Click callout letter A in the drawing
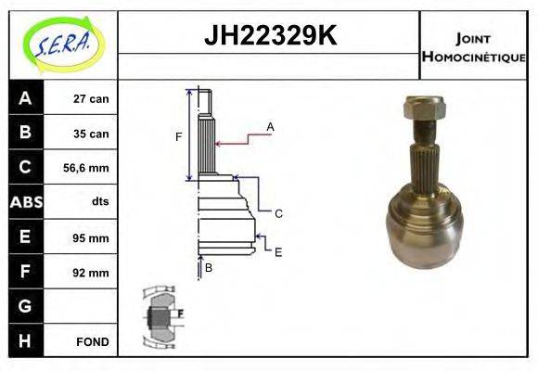270,126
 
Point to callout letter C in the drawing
278,213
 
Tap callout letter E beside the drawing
278,251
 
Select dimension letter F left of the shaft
179,137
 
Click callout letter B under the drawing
209,268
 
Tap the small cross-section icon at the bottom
161,316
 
